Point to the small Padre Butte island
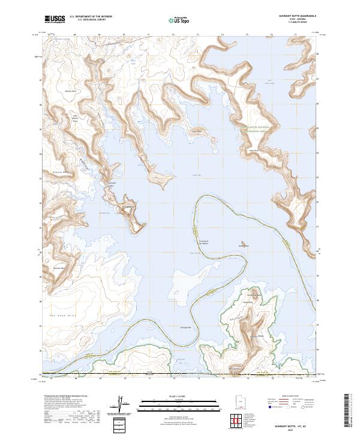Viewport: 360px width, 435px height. point(243,245)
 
